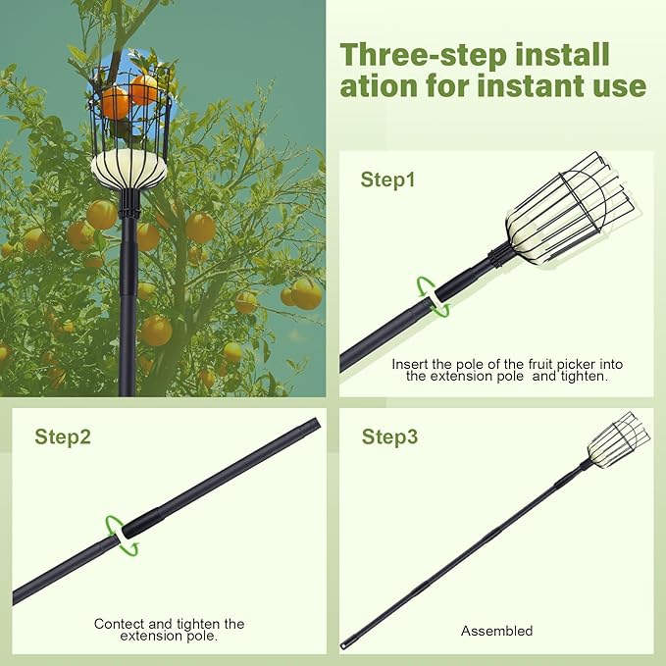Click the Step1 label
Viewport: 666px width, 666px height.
pos(388,179)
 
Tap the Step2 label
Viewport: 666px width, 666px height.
pos(63,436)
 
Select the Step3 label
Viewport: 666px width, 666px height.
pos(389,436)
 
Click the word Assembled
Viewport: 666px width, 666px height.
pos(497,631)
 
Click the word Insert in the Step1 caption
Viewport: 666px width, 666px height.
pos(410,364)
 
